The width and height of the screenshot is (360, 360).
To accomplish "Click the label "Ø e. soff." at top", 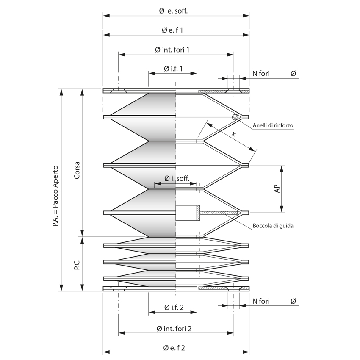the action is [x=173, y=11].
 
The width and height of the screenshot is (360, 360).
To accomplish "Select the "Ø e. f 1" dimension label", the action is [x=172, y=30].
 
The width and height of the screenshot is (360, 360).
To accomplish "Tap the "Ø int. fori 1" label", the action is [x=172, y=50].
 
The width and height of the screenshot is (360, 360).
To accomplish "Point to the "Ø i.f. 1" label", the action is [x=173, y=69].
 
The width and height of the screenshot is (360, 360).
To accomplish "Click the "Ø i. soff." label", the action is [x=177, y=178].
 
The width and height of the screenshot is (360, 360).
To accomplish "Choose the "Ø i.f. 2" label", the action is [x=174, y=307].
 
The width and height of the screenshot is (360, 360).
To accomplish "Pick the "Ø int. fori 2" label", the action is [x=174, y=329].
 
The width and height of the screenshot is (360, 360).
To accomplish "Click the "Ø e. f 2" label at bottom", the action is [x=174, y=348].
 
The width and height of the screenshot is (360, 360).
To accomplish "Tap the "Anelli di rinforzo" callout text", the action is [x=273, y=125].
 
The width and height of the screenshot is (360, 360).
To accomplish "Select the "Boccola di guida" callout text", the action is [x=273, y=226].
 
